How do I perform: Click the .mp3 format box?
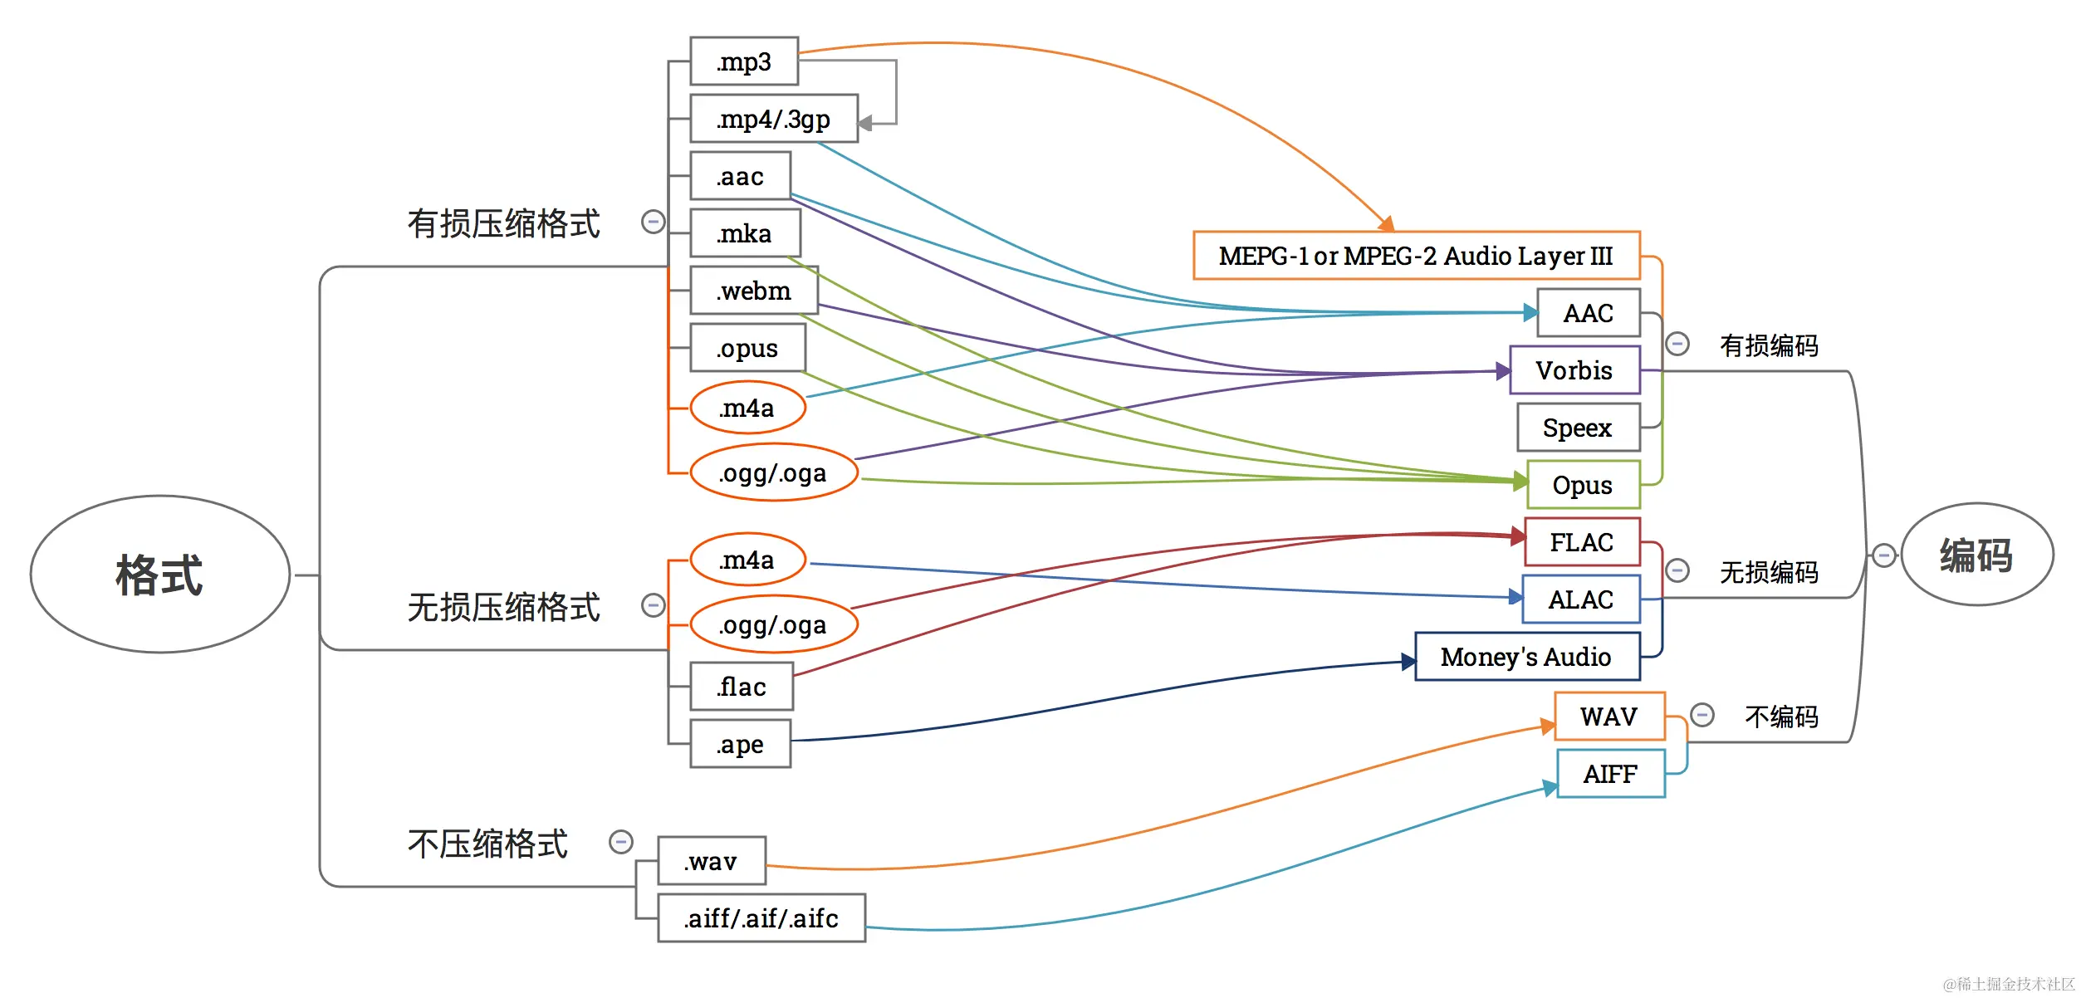[x=744, y=61]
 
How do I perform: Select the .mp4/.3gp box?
[x=774, y=119]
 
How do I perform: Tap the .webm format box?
[x=754, y=291]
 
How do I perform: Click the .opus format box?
[x=747, y=348]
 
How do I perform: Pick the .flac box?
[x=742, y=687]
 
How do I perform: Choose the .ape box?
[x=740, y=744]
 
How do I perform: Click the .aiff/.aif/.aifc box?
[x=761, y=918]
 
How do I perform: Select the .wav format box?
[x=712, y=861]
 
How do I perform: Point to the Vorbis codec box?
[x=1575, y=370]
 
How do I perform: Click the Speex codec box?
[x=1579, y=428]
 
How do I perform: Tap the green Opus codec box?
[x=1584, y=485]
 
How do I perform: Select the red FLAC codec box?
[x=1583, y=542]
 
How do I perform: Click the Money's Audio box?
[x=1528, y=657]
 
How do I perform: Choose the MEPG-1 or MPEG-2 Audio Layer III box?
[x=1417, y=256]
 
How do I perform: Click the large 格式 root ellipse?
[x=160, y=575]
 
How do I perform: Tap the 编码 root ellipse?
[x=1977, y=555]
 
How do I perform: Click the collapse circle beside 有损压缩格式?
[x=654, y=222]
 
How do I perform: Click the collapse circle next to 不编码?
[x=1702, y=715]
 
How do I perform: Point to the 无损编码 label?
[x=1769, y=572]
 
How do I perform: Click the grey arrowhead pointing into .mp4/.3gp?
[x=864, y=124]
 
